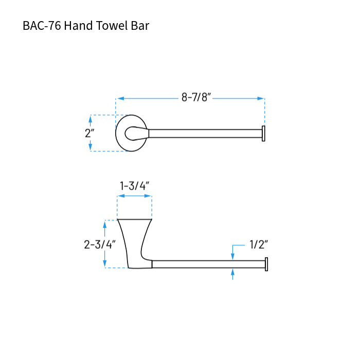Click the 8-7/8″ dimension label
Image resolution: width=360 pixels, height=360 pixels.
point(196,98)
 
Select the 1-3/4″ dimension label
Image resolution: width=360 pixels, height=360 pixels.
point(134,186)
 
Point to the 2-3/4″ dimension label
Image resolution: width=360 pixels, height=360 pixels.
point(100,244)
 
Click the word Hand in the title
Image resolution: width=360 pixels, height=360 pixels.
point(79,26)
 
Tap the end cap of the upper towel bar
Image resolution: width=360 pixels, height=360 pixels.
point(263,133)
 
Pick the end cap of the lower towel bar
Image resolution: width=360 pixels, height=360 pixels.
point(266,264)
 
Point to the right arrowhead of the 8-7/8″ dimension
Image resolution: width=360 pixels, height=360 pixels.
point(261,98)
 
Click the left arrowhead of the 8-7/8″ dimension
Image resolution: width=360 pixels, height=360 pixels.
point(120,98)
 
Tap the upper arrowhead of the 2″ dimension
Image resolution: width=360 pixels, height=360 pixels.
point(91,119)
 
